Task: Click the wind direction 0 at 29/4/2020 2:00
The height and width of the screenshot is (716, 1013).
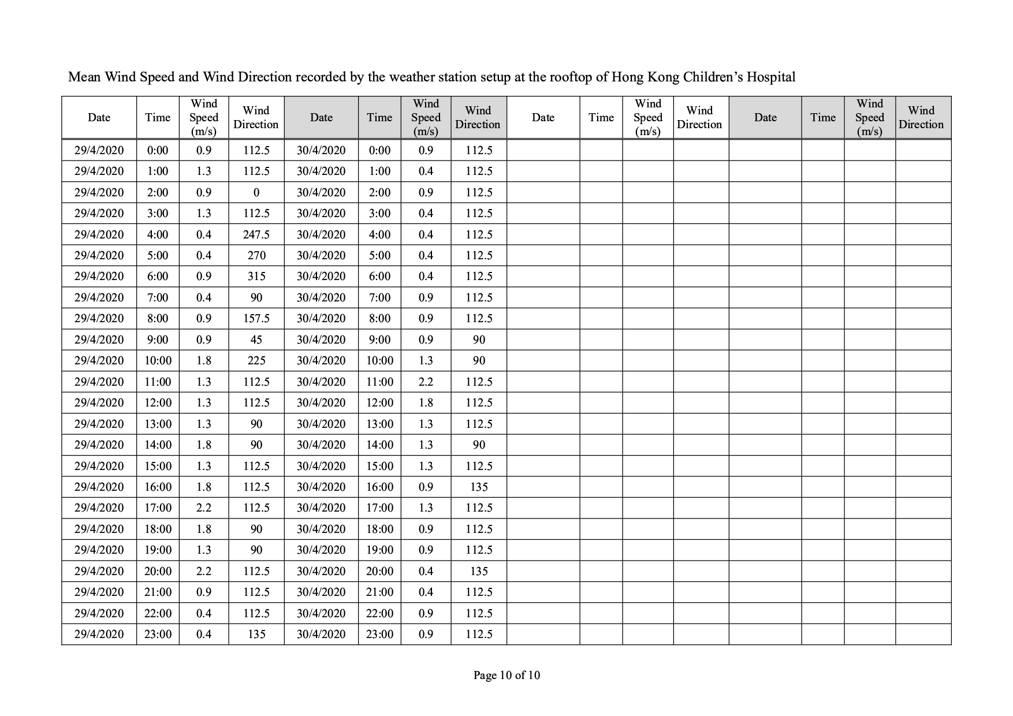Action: [256, 192]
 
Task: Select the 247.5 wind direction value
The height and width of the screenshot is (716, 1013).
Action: [256, 234]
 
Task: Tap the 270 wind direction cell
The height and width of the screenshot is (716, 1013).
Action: [256, 255]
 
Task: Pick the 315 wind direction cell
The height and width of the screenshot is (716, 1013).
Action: [256, 276]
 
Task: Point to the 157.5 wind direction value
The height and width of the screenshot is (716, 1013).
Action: [256, 318]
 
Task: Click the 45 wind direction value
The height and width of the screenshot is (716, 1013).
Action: [256, 340]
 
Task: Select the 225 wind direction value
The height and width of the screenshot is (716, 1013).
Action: [256, 360]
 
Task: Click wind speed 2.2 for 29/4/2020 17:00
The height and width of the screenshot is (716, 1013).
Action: [203, 508]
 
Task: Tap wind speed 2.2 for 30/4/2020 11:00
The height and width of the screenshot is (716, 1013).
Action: [426, 382]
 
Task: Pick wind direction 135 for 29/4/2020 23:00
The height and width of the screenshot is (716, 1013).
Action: [256, 634]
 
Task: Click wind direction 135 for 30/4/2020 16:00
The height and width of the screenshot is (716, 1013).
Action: [479, 487]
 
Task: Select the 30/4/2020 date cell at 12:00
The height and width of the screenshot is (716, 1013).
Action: [321, 402]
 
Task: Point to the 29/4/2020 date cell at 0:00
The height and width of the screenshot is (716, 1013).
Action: [99, 150]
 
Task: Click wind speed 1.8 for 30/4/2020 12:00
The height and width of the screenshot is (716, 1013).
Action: [426, 402]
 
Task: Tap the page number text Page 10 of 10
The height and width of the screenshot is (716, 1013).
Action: [507, 675]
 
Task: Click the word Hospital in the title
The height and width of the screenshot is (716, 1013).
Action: [770, 77]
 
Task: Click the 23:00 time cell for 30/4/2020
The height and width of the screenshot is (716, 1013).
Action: [379, 634]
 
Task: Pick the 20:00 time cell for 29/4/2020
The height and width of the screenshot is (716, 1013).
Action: [158, 571]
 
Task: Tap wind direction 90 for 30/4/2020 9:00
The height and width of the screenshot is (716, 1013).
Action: [479, 340]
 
